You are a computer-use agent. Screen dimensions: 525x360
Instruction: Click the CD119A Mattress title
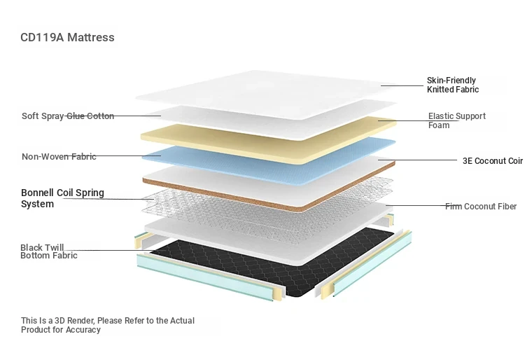(x=67, y=37)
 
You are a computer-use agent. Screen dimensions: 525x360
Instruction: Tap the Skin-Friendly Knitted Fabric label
(x=453, y=85)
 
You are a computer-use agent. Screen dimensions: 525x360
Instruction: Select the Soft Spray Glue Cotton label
(x=68, y=116)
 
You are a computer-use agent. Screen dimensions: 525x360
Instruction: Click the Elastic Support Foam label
(x=456, y=120)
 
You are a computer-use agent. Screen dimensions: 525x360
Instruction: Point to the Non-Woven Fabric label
(x=59, y=156)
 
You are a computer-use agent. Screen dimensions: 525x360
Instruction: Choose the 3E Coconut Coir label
(x=493, y=161)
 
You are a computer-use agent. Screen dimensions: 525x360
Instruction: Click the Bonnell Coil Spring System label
(x=62, y=198)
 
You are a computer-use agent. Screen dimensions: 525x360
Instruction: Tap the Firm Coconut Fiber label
(x=481, y=207)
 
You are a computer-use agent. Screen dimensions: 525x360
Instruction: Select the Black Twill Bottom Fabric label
(x=49, y=251)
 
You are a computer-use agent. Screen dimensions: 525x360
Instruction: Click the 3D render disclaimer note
(x=108, y=325)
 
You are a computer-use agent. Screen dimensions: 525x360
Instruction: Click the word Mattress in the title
(x=91, y=37)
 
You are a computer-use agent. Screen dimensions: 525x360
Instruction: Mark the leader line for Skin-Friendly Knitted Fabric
(x=402, y=85)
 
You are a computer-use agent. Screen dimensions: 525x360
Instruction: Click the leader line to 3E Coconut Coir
(x=418, y=160)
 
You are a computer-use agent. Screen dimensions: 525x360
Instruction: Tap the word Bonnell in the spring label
(x=37, y=193)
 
